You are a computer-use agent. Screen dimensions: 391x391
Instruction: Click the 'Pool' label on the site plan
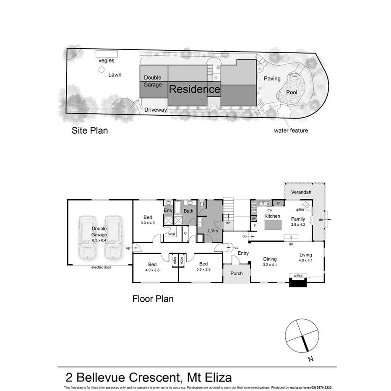(x=292, y=92)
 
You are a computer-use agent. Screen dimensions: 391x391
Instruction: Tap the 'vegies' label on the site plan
(x=106, y=61)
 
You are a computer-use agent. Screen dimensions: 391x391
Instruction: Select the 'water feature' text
(x=291, y=130)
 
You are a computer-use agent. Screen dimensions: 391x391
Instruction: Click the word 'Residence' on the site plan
(x=194, y=89)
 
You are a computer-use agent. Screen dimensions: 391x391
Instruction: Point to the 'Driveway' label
(x=156, y=110)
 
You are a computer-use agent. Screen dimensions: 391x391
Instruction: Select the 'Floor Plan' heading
(x=153, y=299)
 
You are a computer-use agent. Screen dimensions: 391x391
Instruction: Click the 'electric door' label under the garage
(x=102, y=267)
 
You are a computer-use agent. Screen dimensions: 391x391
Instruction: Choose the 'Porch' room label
(x=237, y=274)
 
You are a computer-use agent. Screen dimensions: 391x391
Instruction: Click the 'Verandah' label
(x=301, y=192)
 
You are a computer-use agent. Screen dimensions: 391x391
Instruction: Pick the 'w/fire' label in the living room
(x=298, y=276)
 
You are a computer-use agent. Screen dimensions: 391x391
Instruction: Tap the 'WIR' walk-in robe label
(x=172, y=234)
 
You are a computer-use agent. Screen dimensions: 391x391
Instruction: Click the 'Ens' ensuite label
(x=168, y=211)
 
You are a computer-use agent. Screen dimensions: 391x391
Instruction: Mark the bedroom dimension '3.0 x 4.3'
(x=148, y=223)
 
